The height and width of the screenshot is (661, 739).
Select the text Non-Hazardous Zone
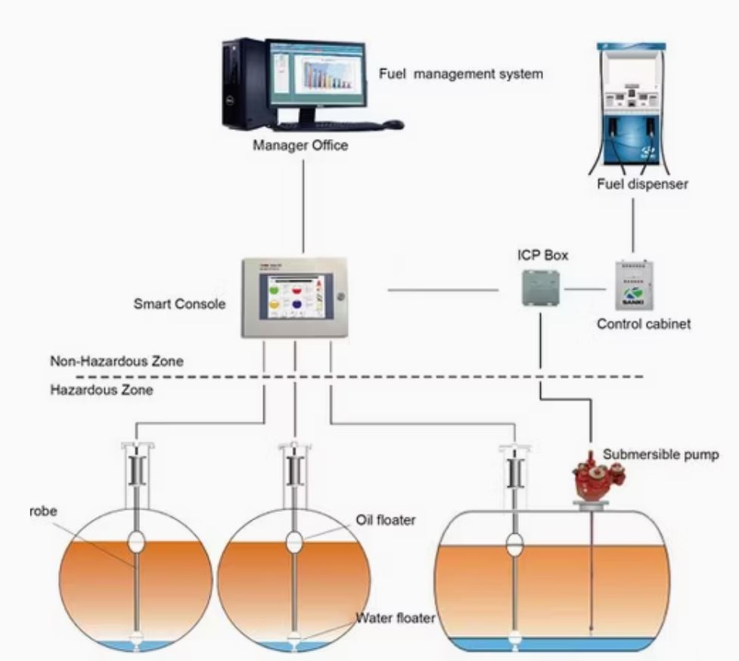[116, 362]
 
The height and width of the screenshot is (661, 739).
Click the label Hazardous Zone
[101, 391]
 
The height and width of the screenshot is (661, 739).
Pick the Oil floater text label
[386, 521]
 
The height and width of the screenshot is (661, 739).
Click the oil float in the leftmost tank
[137, 541]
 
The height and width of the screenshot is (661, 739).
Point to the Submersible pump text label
[660, 455]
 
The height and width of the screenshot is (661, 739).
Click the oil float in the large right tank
[514, 544]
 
